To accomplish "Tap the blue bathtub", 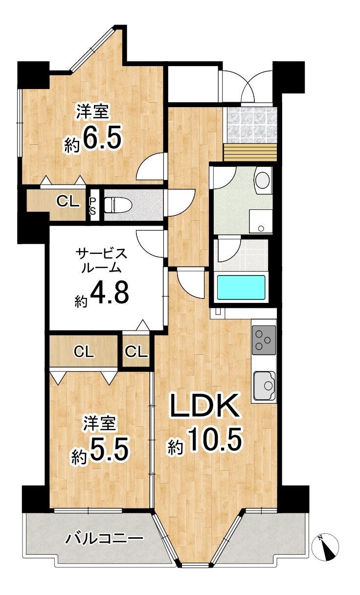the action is (x=241, y=287).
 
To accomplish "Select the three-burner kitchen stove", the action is (x=264, y=340).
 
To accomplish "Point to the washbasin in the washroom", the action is (x=263, y=179).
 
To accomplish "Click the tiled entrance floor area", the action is (x=250, y=125).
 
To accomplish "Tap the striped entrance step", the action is (x=250, y=153).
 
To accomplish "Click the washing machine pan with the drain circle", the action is (x=261, y=221).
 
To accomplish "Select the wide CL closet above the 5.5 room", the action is (x=84, y=352).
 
